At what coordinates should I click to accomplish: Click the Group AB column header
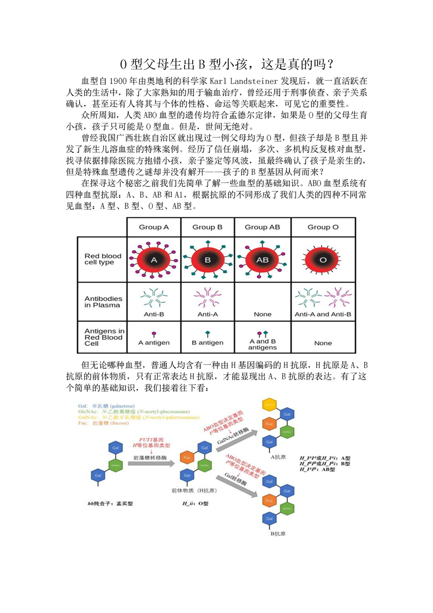pyautogui.click(x=263, y=227)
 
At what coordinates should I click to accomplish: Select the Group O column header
pyautogui.click(x=323, y=227)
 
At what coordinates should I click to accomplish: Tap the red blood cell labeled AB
pyautogui.click(x=263, y=261)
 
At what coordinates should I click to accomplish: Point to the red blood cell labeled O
pyautogui.click(x=323, y=261)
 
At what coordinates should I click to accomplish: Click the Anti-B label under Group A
pyautogui.click(x=153, y=314)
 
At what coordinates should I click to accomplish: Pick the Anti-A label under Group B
pyautogui.click(x=208, y=314)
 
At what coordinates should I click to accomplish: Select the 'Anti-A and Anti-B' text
pyautogui.click(x=323, y=314)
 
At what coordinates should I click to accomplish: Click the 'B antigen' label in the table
pyautogui.click(x=208, y=343)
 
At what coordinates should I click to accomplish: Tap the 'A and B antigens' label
pyautogui.click(x=263, y=344)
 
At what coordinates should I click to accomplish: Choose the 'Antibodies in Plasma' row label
pyautogui.click(x=103, y=302)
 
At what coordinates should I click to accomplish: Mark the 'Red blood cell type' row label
pyautogui.click(x=103, y=259)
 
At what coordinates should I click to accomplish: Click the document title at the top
pyautogui.click(x=216, y=64)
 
